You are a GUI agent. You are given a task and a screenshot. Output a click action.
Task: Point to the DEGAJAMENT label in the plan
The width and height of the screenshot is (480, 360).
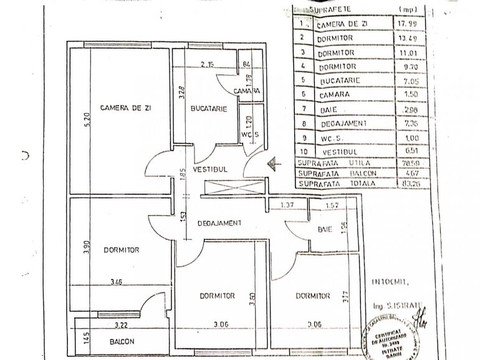point(219,223)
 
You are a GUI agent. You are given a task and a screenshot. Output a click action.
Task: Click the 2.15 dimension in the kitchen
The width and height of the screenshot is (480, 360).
point(208,64)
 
